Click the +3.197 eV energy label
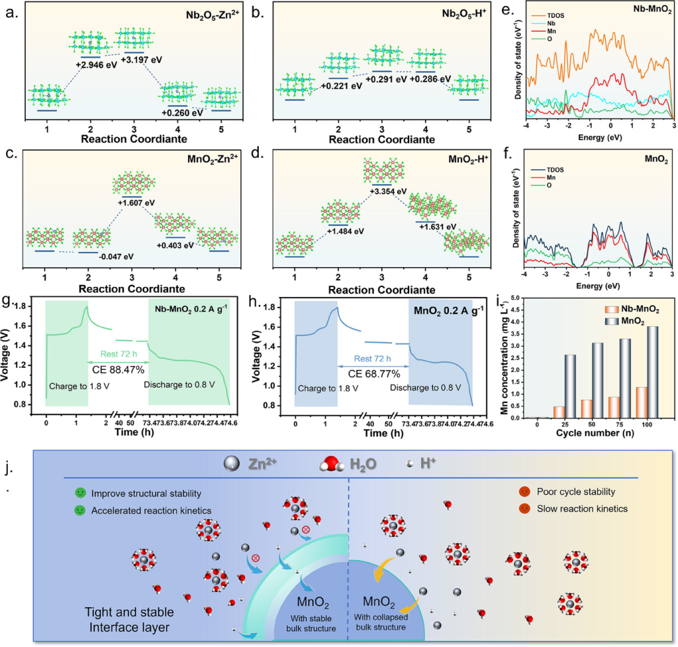coord(139,60)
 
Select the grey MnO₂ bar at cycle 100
coord(652,372)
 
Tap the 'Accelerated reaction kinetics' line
coord(148,510)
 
